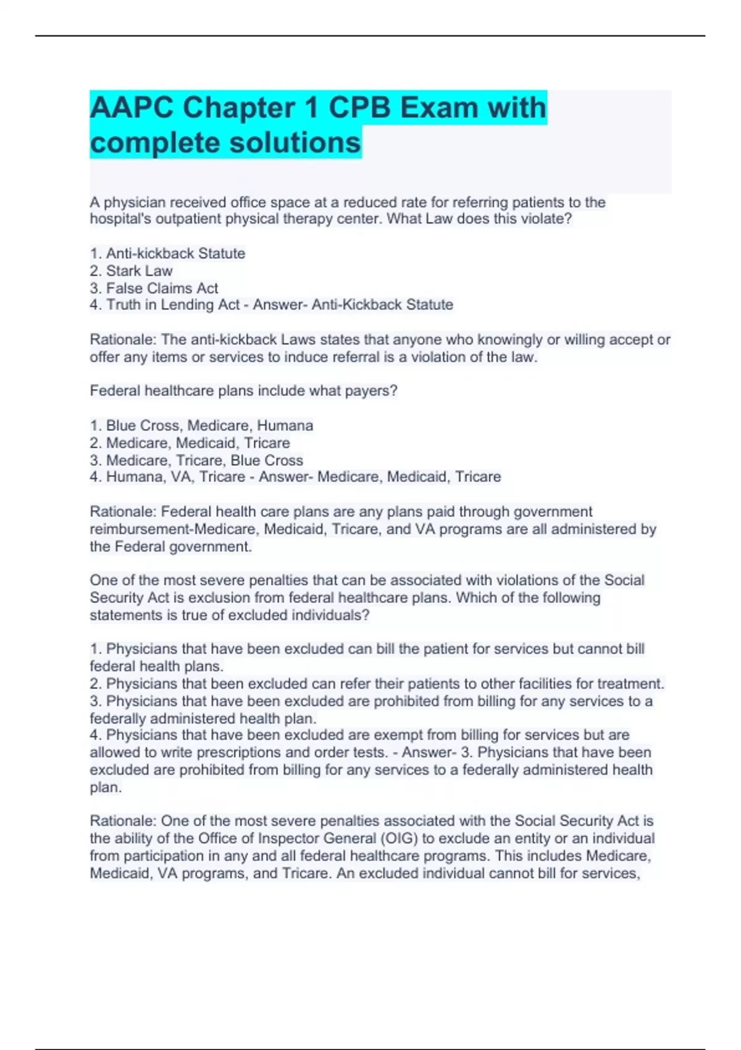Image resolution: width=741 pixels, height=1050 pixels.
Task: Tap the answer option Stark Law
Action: (x=139, y=271)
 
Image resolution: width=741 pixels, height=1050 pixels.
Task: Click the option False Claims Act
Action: (x=162, y=288)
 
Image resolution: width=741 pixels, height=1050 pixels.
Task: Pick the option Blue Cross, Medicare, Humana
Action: (x=209, y=426)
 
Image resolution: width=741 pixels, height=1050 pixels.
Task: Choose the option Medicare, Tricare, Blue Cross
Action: (x=204, y=460)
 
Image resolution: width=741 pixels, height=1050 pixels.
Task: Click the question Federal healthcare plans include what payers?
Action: (x=243, y=391)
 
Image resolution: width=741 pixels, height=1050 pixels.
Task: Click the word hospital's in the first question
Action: (x=117, y=219)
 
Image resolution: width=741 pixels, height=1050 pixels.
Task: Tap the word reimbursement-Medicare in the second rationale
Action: (x=164, y=529)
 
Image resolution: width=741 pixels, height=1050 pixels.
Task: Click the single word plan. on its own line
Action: (x=106, y=787)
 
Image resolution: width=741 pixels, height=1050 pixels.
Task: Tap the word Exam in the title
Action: (x=440, y=108)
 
